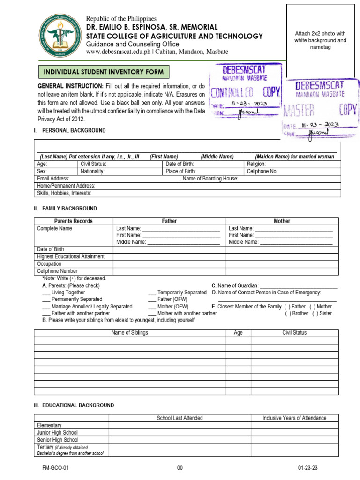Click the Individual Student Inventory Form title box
click(104, 72)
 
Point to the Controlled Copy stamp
click(246, 91)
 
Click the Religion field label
click(256, 164)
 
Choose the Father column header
click(169, 221)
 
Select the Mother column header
click(282, 221)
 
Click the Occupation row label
click(49, 264)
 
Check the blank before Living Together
click(46, 292)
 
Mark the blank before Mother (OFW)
click(152, 307)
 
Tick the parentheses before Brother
click(288, 313)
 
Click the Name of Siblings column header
click(129, 333)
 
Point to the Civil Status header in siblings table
click(294, 333)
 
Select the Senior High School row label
click(58, 440)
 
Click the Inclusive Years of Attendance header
click(294, 418)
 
